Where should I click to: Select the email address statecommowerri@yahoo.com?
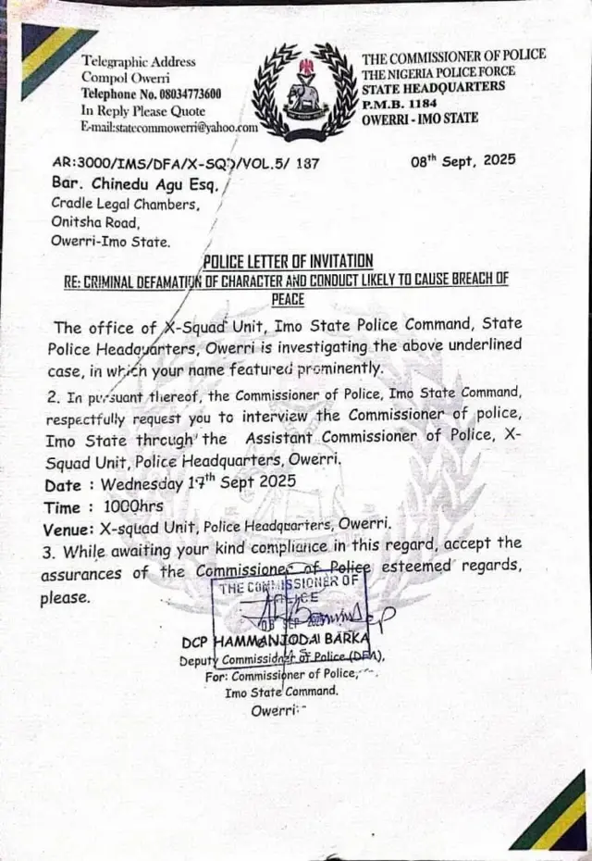(x=169, y=127)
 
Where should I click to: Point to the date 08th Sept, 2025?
(x=462, y=160)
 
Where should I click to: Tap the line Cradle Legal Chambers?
(x=125, y=204)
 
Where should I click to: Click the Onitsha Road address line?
(x=94, y=223)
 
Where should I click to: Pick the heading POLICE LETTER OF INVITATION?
(x=288, y=261)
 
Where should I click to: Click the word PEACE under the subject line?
(x=288, y=299)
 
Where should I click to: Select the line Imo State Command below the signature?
(x=282, y=692)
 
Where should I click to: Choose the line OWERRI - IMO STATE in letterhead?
(x=420, y=118)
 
